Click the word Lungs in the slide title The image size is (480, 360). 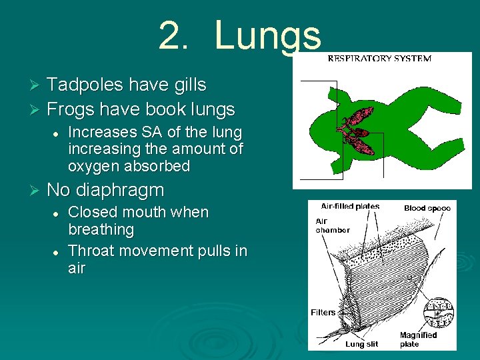click(x=268, y=36)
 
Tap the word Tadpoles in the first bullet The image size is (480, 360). click(x=86, y=85)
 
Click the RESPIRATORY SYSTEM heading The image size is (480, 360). click(x=379, y=59)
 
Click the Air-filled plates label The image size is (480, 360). click(x=350, y=207)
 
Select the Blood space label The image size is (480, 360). click(x=427, y=208)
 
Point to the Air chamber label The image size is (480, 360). click(x=332, y=225)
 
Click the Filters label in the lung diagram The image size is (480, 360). click(x=323, y=312)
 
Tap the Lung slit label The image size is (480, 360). click(x=361, y=344)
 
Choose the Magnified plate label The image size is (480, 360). click(x=418, y=339)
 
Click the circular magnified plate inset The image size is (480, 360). click(x=438, y=310)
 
